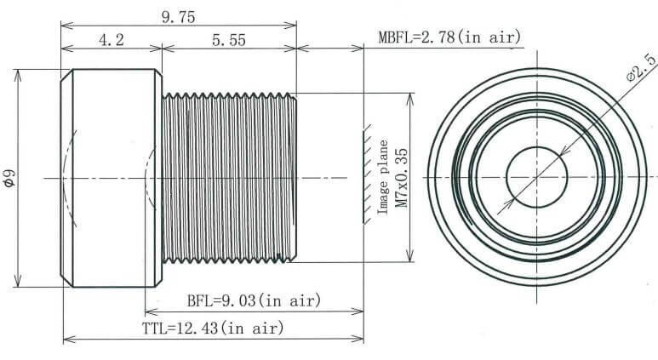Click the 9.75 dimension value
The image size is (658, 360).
(x=180, y=14)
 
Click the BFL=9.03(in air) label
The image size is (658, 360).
(x=253, y=300)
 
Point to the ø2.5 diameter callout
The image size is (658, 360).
(x=641, y=67)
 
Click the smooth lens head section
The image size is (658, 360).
(x=111, y=178)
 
